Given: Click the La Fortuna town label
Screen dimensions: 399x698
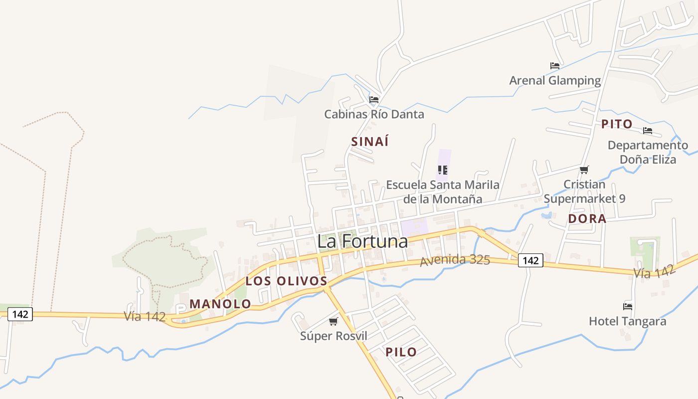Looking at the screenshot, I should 362,241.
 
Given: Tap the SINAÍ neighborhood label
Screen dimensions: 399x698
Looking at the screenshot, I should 369,142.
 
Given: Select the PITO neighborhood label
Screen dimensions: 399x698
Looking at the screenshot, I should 617,124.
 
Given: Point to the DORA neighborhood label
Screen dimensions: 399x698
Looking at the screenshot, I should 587,218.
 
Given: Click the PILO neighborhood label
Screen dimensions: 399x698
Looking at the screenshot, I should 401,352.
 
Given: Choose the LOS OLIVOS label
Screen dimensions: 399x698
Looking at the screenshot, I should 286,281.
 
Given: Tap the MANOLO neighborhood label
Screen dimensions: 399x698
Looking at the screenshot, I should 220,304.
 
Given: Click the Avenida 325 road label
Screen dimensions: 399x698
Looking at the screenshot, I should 455,260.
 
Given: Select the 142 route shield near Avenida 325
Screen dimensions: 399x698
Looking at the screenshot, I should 530,260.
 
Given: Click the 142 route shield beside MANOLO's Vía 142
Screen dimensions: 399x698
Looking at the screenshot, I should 20,314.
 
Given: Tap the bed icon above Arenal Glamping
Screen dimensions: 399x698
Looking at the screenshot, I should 554,66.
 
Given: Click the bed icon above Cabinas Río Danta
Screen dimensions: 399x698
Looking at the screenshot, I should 374,100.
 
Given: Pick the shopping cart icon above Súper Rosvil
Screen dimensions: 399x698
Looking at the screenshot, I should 333,322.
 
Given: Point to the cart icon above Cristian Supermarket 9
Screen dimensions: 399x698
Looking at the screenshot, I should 584,170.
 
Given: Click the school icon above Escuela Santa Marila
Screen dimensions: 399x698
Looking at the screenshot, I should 442,170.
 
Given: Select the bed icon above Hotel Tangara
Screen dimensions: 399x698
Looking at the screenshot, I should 627,306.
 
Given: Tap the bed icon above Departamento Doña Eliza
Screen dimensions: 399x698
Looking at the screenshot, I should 647,131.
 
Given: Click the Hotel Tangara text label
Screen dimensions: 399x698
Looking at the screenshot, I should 627,321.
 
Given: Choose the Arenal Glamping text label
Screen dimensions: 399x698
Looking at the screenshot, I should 555,80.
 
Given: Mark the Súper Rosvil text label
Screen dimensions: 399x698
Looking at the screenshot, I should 334,336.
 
